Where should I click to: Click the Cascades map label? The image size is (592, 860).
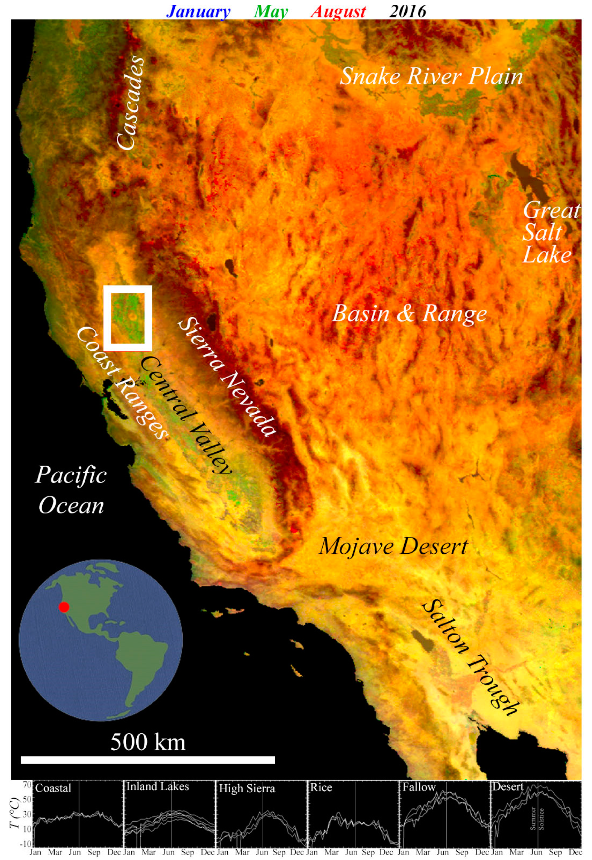130,103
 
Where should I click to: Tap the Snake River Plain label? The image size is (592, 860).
431,76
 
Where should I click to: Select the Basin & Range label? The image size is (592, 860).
409,314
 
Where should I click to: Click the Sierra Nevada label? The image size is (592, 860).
227,377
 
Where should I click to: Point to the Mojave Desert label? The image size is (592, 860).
393,547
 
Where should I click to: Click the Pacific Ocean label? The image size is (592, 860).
71,490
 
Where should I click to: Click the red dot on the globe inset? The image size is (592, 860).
64,607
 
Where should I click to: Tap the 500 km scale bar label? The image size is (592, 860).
148,742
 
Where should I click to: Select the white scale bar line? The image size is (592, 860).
148,760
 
